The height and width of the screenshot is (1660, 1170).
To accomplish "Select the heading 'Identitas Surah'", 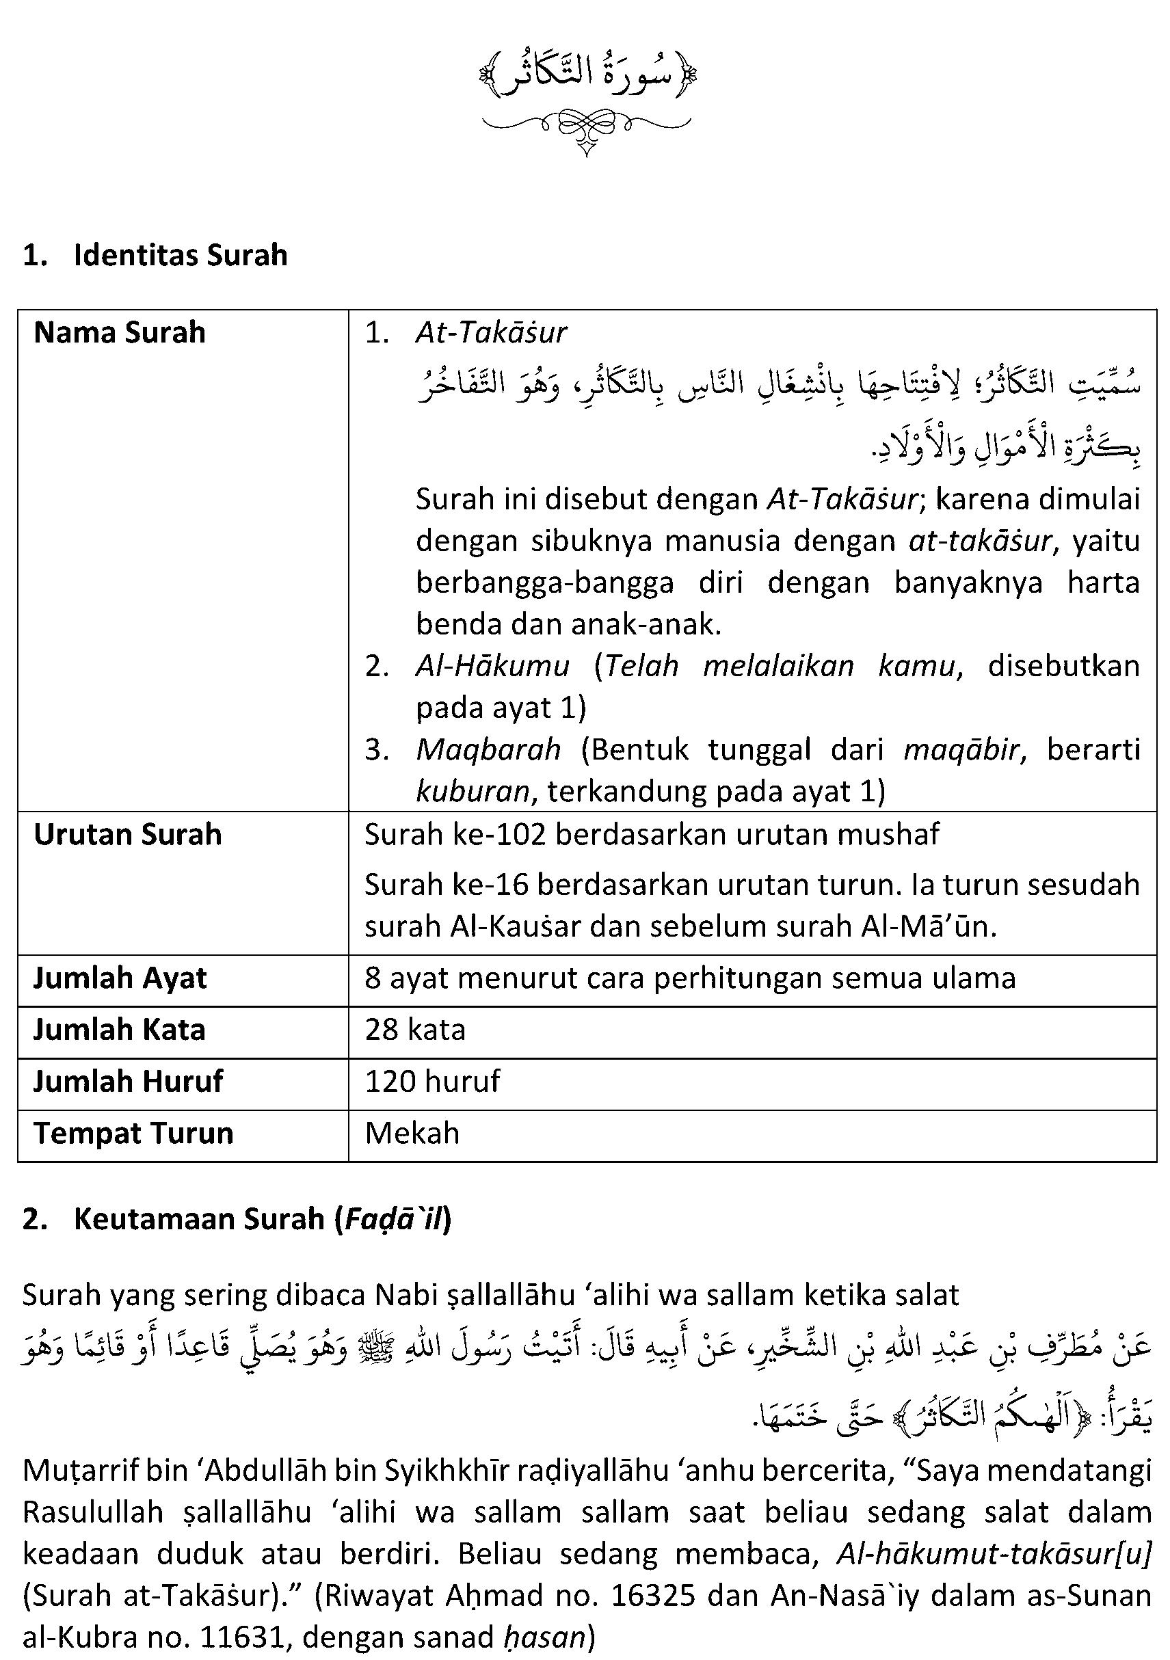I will pos(180,256).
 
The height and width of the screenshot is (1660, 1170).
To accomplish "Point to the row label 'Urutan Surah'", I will pos(128,835).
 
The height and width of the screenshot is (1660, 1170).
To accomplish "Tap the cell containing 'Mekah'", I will pos(412,1134).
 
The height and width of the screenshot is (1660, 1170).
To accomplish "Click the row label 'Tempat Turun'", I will pos(134,1134).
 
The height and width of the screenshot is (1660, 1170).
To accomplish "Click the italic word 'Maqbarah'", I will pos(488,750).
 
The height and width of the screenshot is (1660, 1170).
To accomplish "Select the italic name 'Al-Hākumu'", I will pos(492,666).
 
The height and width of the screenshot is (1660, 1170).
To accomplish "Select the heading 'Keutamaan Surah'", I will pos(199,1219).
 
